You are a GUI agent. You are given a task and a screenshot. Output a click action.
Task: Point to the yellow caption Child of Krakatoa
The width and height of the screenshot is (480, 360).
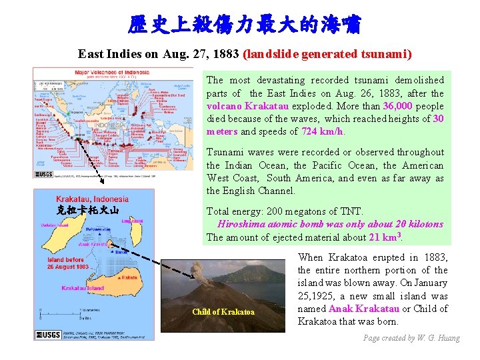223,312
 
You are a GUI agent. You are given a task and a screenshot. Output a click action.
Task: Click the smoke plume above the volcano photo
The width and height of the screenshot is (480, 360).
199,270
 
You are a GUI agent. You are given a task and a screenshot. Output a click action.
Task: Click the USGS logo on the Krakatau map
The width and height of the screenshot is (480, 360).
49,334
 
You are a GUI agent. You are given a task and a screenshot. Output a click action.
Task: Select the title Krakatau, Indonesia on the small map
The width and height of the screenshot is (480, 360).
92,199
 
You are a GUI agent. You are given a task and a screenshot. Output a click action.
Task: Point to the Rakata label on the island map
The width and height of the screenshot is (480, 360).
129,277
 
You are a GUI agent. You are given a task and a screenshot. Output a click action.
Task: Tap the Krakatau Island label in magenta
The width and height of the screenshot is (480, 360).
83,288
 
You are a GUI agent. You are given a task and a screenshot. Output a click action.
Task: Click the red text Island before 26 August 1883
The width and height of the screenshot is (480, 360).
68,263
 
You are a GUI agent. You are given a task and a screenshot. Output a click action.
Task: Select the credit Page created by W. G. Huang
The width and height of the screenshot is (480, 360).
411,338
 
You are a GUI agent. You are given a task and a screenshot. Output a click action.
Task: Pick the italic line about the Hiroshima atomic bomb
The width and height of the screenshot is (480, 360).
330,224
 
